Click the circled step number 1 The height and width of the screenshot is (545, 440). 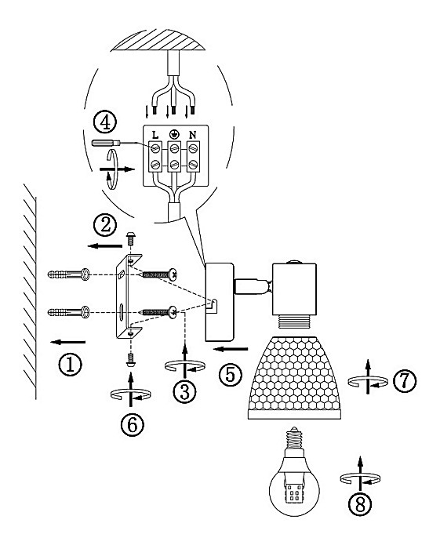[x=71, y=365]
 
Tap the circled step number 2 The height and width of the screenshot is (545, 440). [x=105, y=225]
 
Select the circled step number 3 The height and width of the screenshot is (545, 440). [x=184, y=392]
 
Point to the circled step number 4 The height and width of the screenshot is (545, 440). [x=105, y=122]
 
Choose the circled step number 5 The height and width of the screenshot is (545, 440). [x=231, y=374]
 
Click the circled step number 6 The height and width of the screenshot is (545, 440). [x=133, y=424]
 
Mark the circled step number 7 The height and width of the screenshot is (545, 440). [x=405, y=380]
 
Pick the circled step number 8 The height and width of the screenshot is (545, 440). [x=360, y=504]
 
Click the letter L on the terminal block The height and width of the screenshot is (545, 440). [x=155, y=135]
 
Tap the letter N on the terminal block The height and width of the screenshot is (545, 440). [x=192, y=135]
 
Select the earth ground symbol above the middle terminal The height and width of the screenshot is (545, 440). [x=174, y=134]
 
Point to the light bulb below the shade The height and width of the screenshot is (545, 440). [x=294, y=476]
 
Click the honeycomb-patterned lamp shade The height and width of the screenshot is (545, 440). [x=294, y=377]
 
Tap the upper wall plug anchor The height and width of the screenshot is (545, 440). [x=68, y=274]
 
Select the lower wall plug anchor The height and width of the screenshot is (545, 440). [x=68, y=312]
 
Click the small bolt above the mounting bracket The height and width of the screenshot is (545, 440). [x=131, y=238]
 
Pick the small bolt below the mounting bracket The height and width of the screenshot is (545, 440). [x=131, y=359]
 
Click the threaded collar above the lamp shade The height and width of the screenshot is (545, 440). [x=294, y=321]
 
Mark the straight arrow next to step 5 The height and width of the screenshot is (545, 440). [x=231, y=349]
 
